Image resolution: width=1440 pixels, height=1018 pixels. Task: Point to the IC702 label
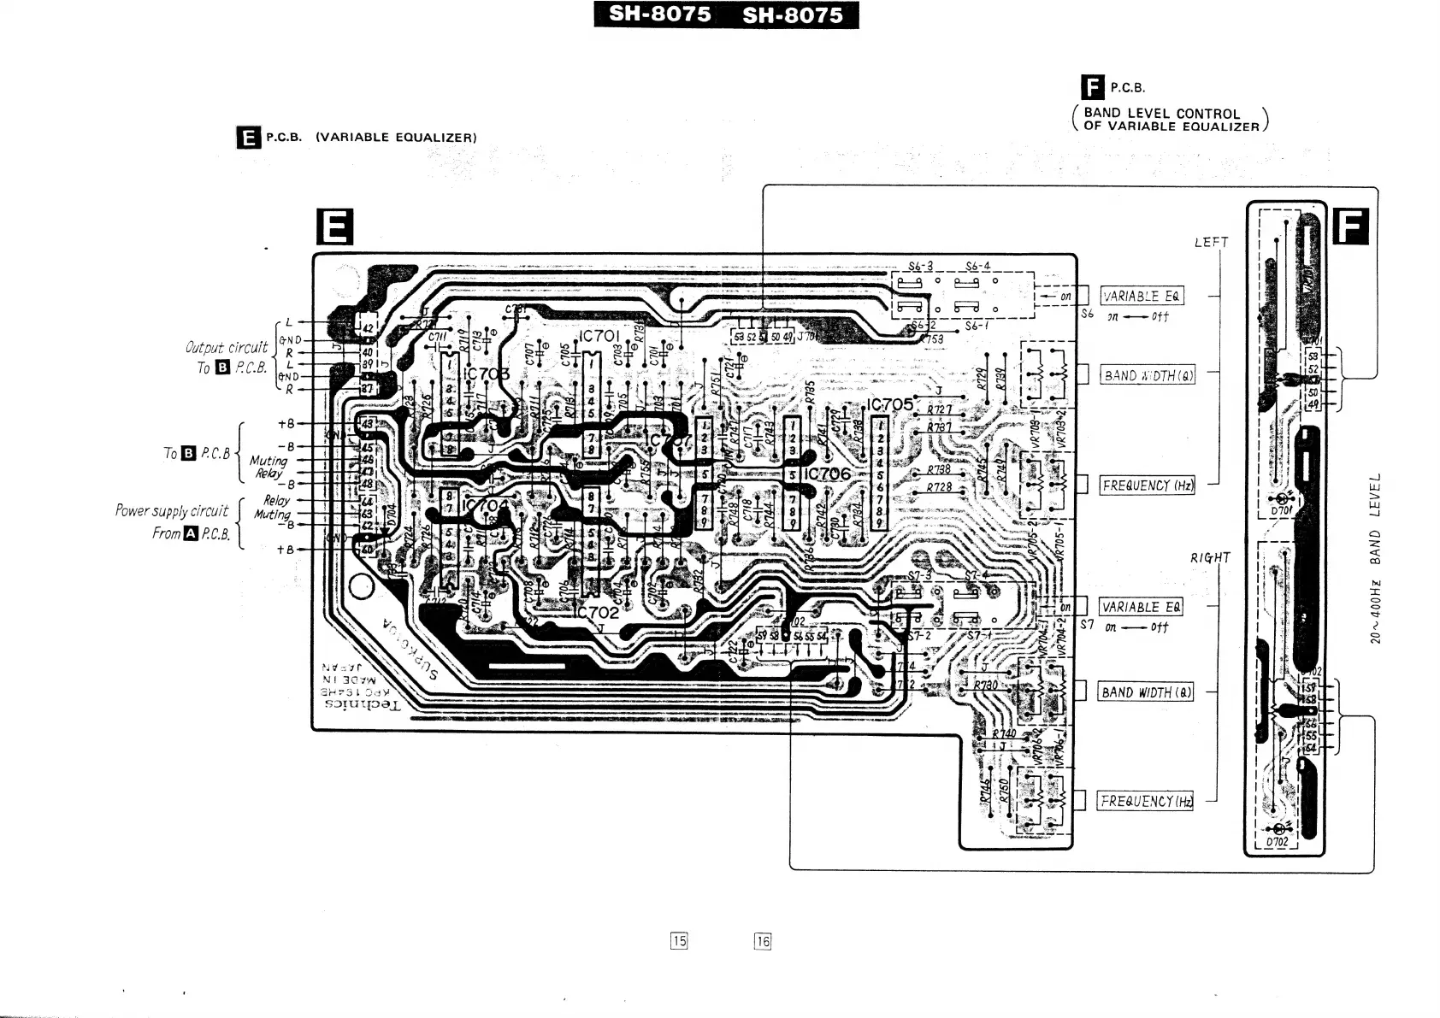click(599, 612)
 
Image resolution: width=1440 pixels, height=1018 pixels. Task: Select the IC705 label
click(892, 404)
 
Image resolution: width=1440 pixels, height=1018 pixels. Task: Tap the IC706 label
click(828, 473)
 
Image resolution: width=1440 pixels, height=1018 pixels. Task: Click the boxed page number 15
click(679, 941)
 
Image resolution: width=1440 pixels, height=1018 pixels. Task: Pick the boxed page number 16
click(763, 941)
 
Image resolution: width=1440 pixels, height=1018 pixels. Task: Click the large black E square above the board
click(333, 227)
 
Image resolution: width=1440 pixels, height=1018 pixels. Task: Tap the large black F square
click(1350, 227)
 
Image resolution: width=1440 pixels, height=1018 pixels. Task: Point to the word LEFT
click(1211, 242)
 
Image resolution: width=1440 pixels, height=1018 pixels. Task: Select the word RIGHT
click(1210, 558)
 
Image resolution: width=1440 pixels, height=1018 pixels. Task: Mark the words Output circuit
click(227, 347)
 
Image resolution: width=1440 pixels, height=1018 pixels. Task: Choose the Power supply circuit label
click(172, 510)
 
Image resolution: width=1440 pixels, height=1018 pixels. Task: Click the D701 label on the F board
click(1280, 510)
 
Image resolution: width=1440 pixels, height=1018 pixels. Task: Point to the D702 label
click(1276, 842)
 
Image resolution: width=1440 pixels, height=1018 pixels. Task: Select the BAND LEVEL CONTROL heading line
click(1161, 113)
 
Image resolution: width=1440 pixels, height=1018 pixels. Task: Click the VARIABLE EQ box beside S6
click(1142, 297)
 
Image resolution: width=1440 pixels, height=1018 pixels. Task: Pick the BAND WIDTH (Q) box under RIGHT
click(1145, 692)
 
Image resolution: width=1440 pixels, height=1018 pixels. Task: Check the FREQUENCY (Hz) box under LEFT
click(1147, 485)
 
